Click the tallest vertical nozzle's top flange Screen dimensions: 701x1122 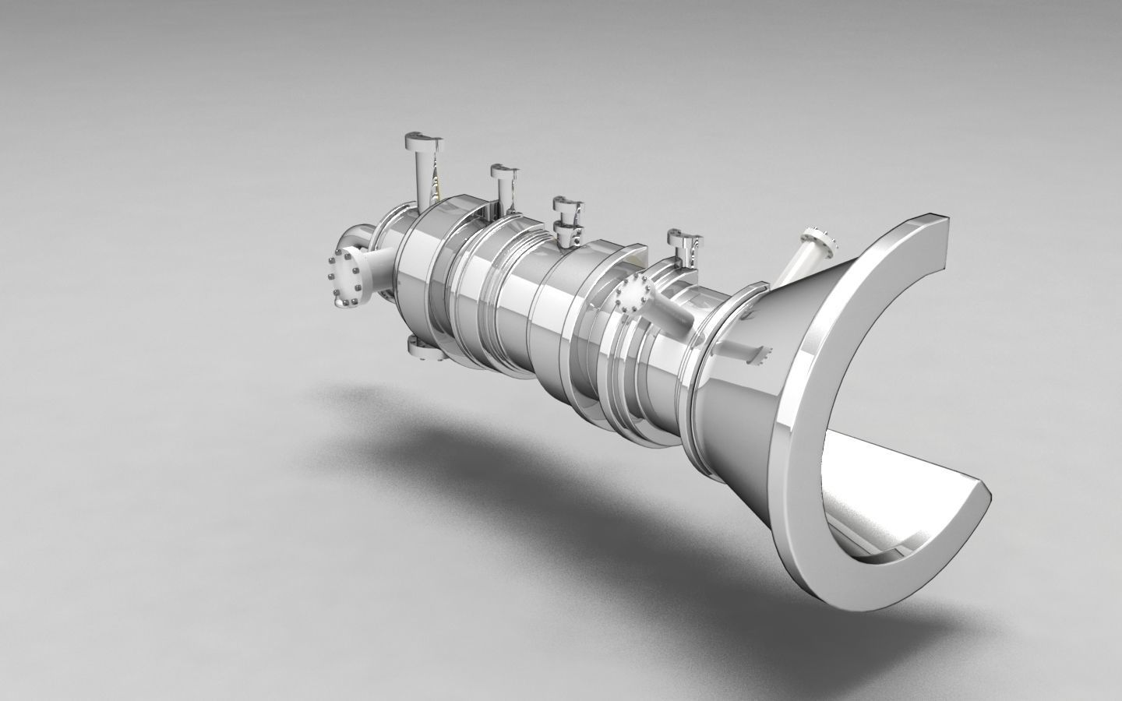(422, 142)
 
